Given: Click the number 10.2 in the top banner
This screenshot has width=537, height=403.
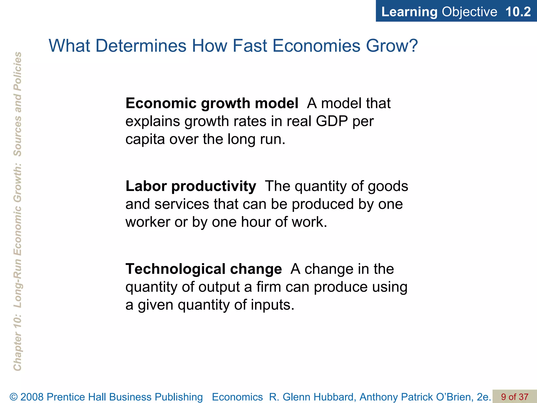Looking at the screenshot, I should pos(518,12).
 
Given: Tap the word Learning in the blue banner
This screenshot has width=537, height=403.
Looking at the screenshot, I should pos(409,12).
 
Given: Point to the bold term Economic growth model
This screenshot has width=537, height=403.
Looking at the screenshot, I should pos(212,103).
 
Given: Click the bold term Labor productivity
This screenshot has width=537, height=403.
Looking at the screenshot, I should pos(191,186).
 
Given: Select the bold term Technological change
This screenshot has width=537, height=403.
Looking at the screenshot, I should pos(204,269).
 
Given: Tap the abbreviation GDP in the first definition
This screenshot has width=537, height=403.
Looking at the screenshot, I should pos(332,121).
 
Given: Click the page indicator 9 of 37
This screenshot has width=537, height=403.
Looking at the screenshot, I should pos(514,397).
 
